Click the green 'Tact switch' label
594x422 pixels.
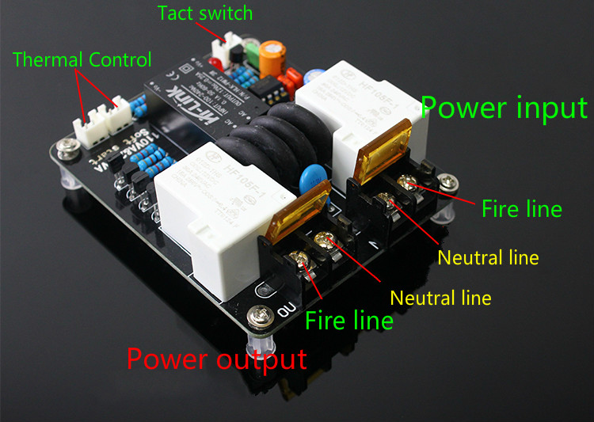(x=204, y=13)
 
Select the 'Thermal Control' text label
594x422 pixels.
(x=82, y=59)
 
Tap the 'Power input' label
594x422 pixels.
(x=504, y=108)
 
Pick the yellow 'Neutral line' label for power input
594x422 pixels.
(x=488, y=257)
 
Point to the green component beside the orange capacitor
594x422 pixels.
(x=253, y=51)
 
